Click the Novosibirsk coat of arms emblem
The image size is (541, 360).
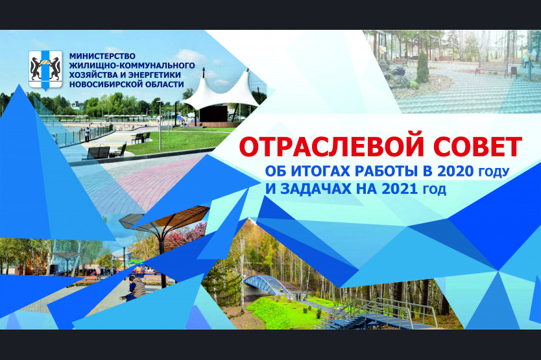[45, 71]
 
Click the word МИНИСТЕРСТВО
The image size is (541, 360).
[102, 56]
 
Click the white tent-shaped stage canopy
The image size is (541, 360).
[221, 91]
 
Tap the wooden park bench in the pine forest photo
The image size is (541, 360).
[491, 69]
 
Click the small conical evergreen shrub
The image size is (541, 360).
[422, 67]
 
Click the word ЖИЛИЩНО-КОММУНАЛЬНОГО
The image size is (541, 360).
[132, 66]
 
